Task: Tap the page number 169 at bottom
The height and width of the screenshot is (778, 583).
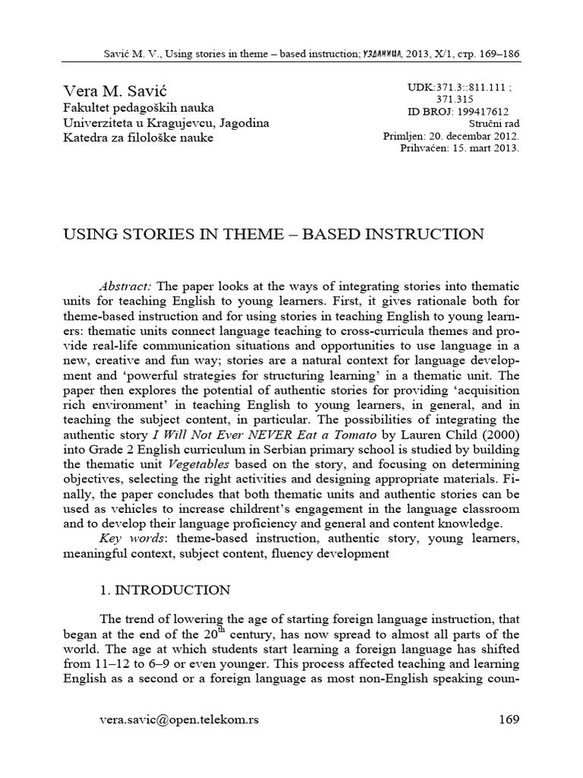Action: coord(509,719)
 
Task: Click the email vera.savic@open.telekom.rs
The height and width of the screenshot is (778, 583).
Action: coord(179,719)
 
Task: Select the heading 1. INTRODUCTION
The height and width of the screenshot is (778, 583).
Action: coord(165,589)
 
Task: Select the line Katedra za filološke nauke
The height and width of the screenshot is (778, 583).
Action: coord(137,138)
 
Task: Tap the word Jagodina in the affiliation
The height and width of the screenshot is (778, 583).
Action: coord(244,123)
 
